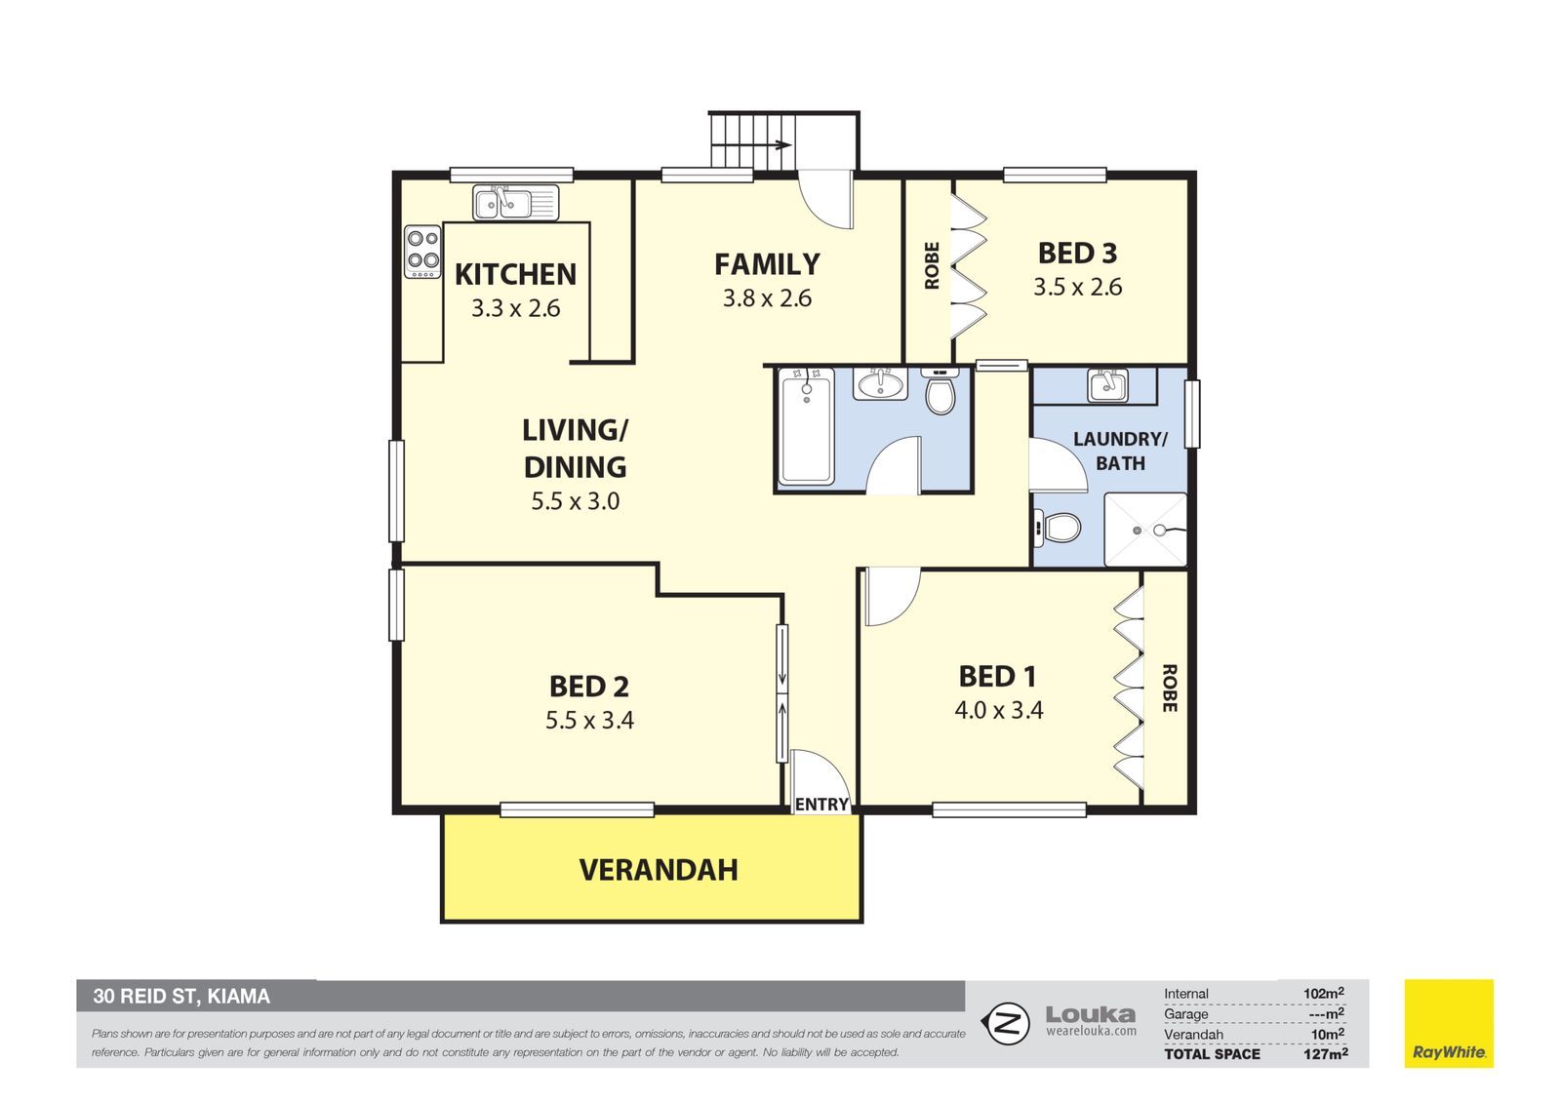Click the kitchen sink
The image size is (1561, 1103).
(x=516, y=203)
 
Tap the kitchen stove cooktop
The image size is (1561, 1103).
(x=423, y=252)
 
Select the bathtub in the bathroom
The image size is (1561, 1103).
(x=806, y=426)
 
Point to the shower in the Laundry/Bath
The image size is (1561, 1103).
(x=1145, y=530)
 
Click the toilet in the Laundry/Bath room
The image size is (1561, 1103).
(x=1057, y=527)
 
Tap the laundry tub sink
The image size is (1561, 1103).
(x=1108, y=385)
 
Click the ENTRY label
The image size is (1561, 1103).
(x=821, y=804)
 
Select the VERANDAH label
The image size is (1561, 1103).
(x=659, y=870)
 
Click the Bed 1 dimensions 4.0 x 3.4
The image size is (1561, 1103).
(x=999, y=710)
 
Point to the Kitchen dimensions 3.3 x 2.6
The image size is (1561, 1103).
(x=516, y=308)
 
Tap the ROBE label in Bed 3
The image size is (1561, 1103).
(x=932, y=265)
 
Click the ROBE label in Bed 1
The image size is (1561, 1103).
(x=1170, y=688)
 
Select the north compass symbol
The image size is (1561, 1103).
(x=1006, y=1023)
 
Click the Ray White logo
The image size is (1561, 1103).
(x=1449, y=1023)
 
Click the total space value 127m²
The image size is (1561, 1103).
(x=1326, y=1054)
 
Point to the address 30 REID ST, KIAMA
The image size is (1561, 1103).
(x=181, y=997)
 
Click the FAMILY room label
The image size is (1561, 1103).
(x=767, y=264)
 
